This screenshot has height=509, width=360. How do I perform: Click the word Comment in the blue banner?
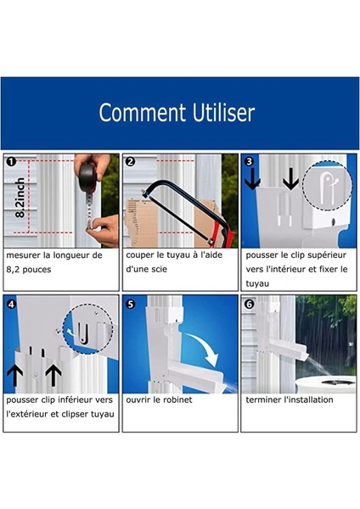(143, 113)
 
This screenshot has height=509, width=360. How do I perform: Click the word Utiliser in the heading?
(223, 113)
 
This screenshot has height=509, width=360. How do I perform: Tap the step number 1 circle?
(11, 161)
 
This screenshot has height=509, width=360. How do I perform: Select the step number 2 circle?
(130, 161)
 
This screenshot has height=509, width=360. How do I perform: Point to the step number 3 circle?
(250, 161)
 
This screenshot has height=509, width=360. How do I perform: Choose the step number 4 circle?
(11, 305)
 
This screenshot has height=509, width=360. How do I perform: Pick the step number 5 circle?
(130, 305)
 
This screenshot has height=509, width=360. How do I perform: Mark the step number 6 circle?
(250, 305)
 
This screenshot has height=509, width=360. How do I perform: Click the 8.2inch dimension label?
(20, 198)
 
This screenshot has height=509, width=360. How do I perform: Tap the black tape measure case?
(87, 177)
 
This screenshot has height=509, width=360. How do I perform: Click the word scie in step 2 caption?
(160, 269)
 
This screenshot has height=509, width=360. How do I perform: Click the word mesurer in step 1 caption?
(22, 255)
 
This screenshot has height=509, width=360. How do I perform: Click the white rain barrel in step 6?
(326, 384)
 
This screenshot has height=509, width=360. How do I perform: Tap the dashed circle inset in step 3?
(327, 185)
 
